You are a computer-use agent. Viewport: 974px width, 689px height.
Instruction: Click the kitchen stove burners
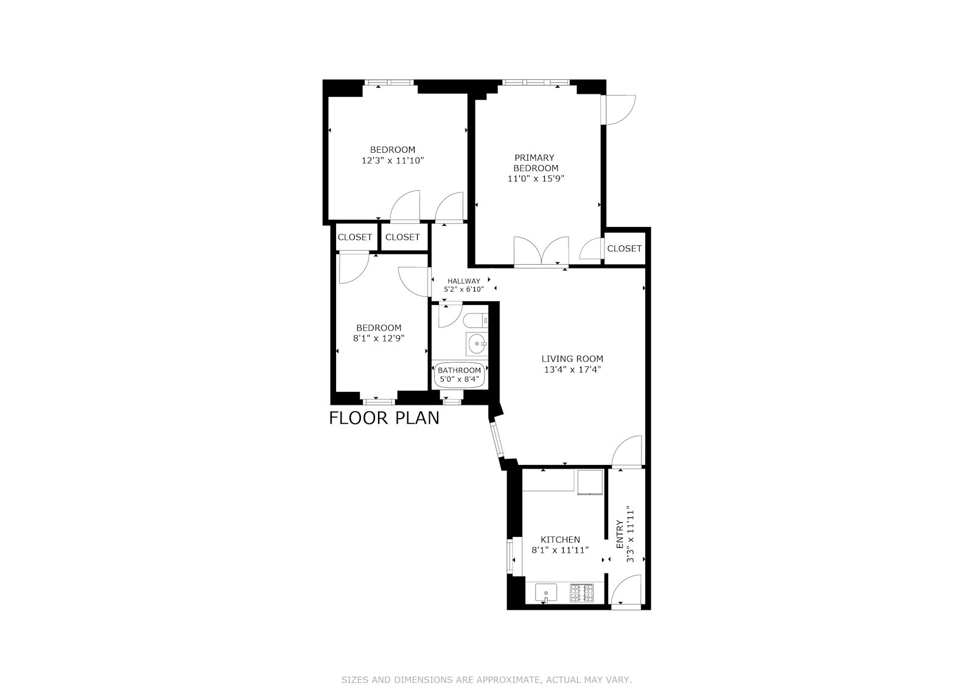coord(582,593)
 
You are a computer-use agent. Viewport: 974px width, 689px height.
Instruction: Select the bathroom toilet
coord(475,321)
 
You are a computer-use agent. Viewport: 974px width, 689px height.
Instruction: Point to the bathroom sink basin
coord(477,344)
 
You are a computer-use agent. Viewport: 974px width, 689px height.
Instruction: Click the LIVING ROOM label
coord(572,358)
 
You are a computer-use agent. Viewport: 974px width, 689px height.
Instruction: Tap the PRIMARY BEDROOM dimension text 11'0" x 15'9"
coord(536,178)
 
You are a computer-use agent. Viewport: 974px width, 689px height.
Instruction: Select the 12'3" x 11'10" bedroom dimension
coord(393,161)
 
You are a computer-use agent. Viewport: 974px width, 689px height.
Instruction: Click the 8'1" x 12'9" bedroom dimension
coord(379,338)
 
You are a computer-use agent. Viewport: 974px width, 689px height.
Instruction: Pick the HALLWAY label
coord(463,281)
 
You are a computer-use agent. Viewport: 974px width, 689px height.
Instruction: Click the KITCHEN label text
coord(560,539)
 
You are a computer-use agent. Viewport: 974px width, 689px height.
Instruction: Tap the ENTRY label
coord(620,534)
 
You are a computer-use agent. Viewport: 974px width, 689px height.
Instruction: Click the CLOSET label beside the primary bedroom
coord(625,248)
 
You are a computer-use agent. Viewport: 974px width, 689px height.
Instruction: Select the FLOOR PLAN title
coord(384,418)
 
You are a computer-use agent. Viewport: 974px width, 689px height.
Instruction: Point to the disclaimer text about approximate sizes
coord(486,680)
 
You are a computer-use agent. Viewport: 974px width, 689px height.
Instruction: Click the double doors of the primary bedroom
coord(541,251)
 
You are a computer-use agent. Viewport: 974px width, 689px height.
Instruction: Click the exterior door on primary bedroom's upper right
coord(618,110)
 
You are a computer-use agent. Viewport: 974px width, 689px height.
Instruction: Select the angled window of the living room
coord(496,440)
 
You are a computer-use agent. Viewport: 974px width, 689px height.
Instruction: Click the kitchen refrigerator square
coord(590,482)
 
